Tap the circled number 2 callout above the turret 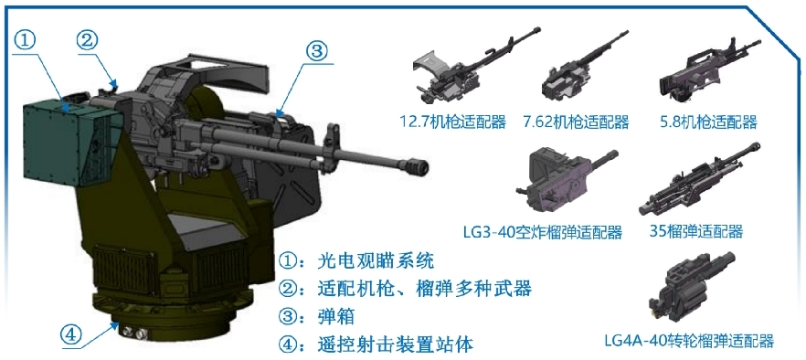click(89, 40)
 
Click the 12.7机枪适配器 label click(453, 122)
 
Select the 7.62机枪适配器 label click(577, 122)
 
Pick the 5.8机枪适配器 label click(708, 122)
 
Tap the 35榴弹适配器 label click(696, 231)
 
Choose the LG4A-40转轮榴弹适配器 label click(689, 340)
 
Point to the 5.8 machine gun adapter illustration click(708, 69)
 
